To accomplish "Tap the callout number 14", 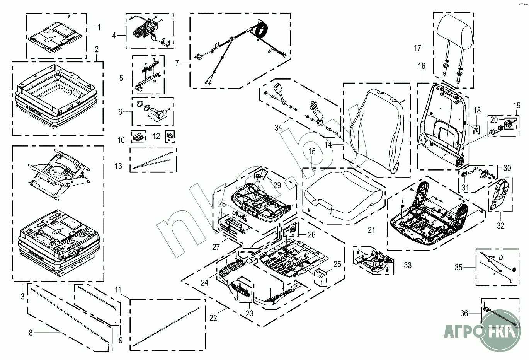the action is tap(328, 145).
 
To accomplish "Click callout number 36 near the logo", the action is tap(464, 314).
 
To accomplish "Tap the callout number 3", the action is tap(22, 297).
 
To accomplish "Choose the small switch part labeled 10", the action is tap(138, 136).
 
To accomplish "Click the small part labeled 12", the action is tap(170, 135).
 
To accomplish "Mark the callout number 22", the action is tap(213, 318).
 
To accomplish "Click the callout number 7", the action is tap(177, 63).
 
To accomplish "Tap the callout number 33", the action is tap(408, 265).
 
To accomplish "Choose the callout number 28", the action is tap(222, 203).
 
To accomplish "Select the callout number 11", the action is tap(118, 290).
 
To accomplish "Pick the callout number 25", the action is tap(337, 264).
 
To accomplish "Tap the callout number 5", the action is tap(121, 78).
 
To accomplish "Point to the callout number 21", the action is tap(371, 230).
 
